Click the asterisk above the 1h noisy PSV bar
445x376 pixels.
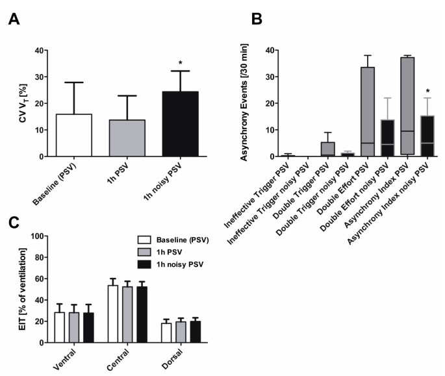coord(162,64)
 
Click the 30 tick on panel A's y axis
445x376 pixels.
coord(39,77)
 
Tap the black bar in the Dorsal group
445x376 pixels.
coord(195,331)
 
